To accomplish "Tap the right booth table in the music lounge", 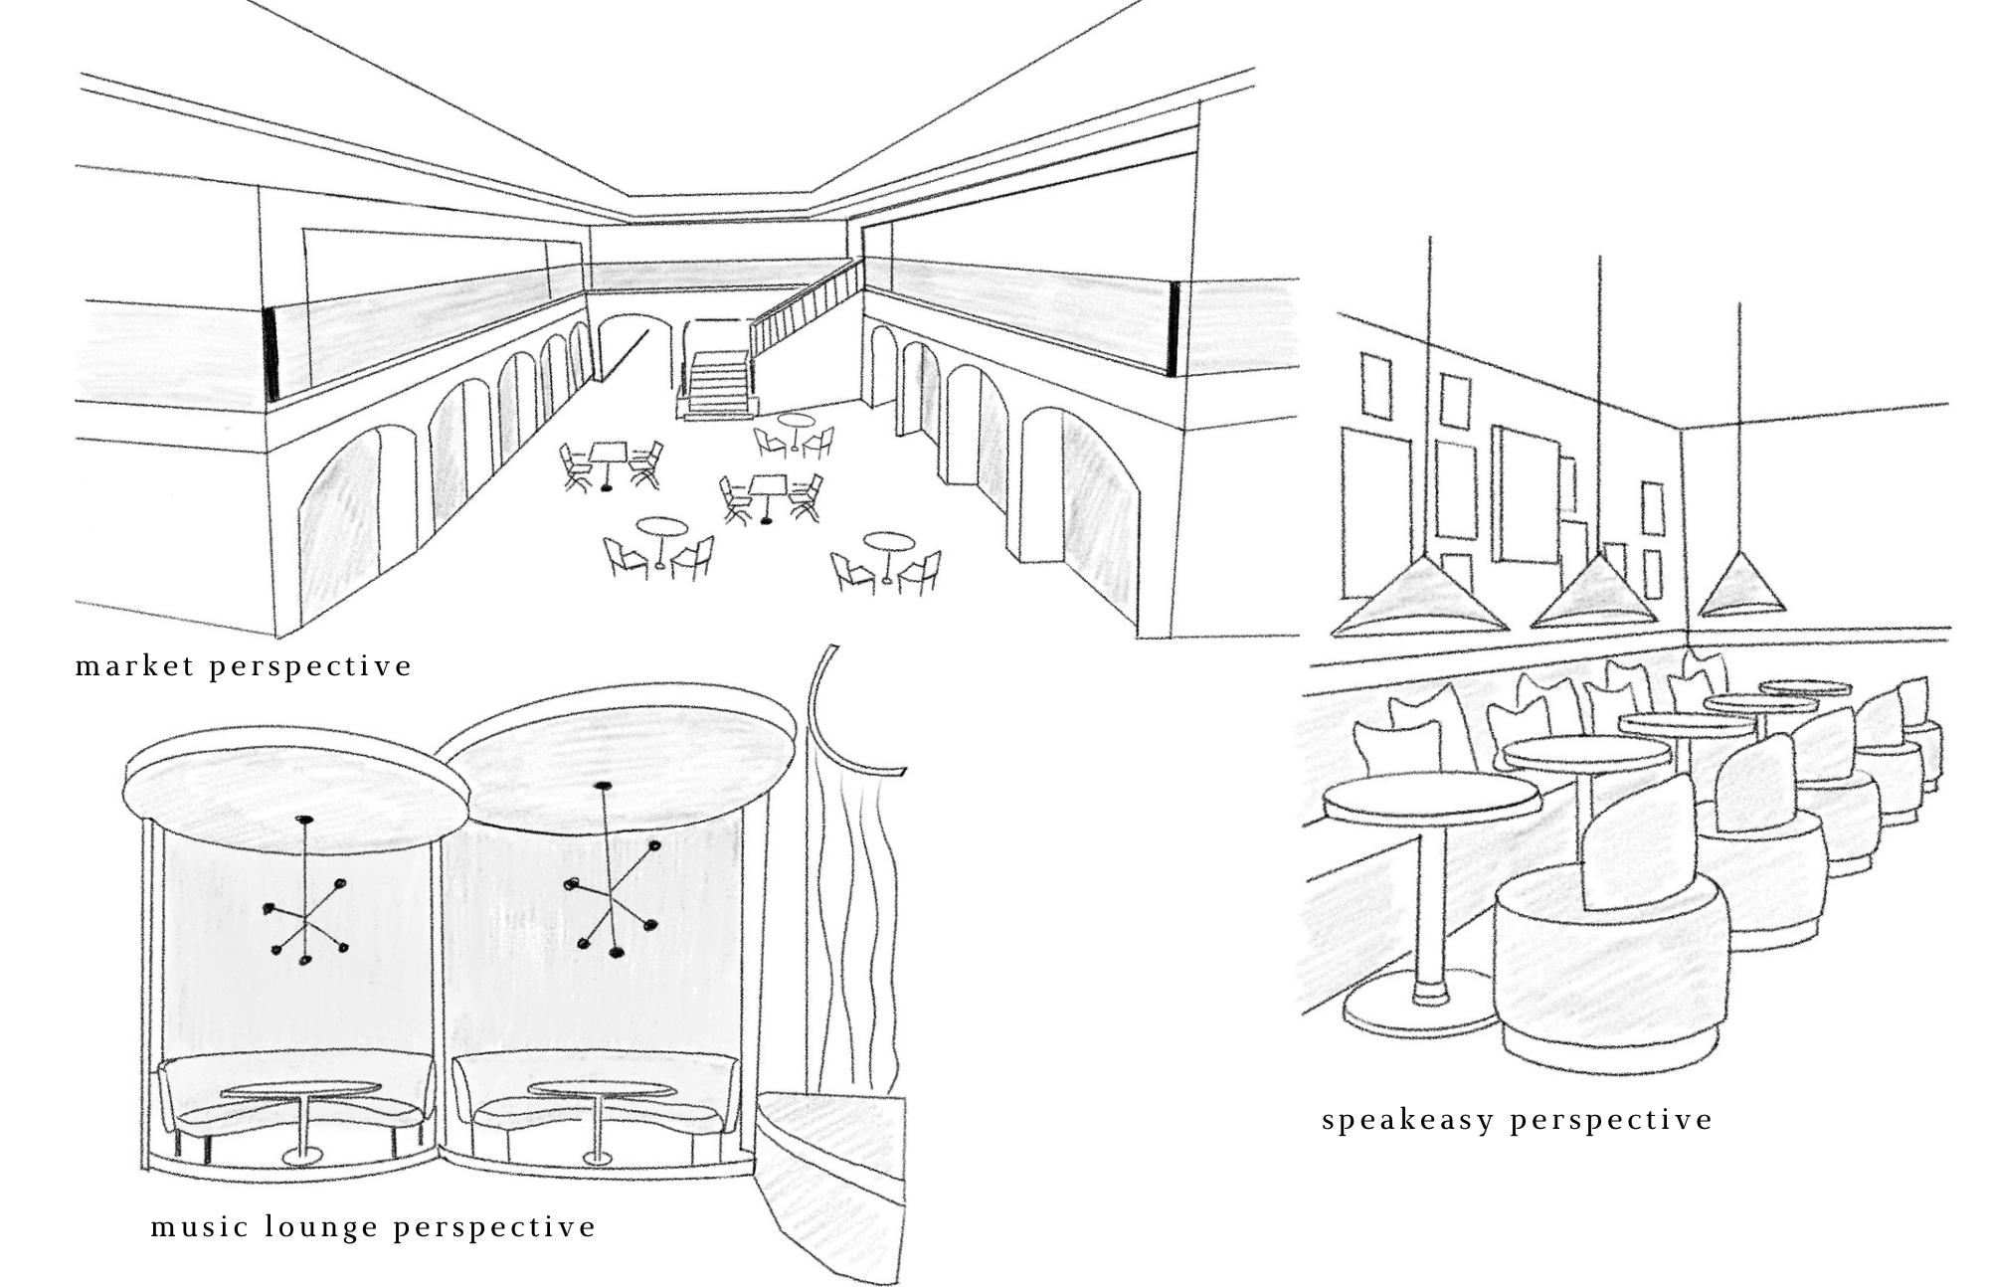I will pos(598,1091).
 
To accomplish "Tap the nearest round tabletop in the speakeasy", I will pos(1430,796).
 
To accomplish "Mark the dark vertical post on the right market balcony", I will pos(1174,328).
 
